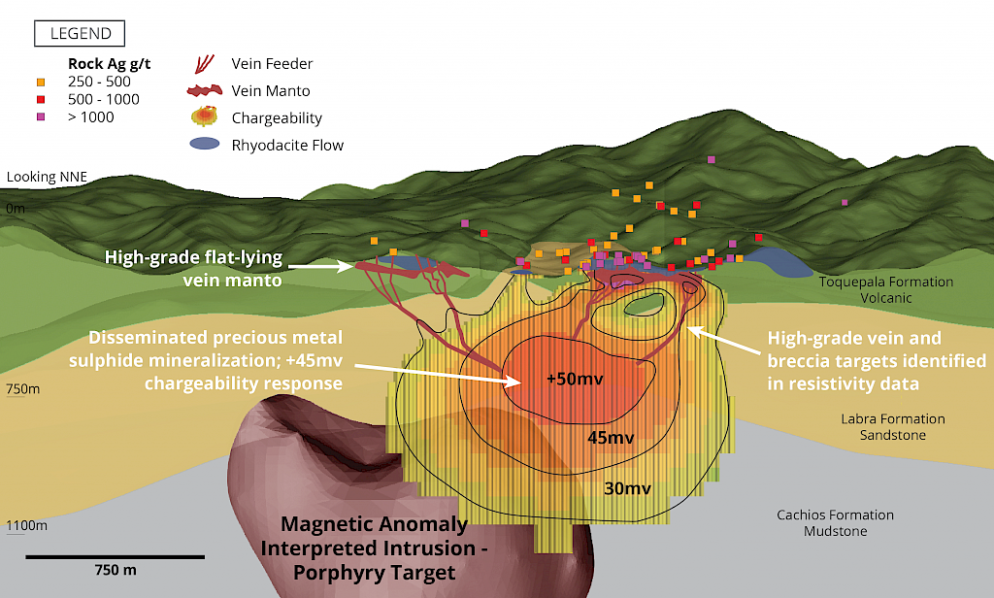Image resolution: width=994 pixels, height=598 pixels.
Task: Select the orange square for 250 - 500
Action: pos(41,82)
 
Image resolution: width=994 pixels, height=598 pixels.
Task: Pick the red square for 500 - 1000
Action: pos(41,99)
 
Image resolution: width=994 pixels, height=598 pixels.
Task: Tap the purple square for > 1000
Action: pos(41,117)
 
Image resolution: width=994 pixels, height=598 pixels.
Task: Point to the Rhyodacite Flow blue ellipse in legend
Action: pos(204,145)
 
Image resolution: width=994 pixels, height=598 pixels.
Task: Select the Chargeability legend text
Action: pos(277,118)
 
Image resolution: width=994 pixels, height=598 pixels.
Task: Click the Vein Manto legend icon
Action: pos(206,91)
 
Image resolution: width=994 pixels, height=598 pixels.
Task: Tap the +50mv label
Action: pos(575,378)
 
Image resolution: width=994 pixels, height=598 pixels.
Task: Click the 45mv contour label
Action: pos(612,438)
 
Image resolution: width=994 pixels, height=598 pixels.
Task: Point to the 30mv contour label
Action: pos(627,488)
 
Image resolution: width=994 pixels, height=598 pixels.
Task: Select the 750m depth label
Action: pos(22,389)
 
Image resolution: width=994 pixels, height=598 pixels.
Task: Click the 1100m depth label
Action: pos(25,525)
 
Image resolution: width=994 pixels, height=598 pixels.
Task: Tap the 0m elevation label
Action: pos(16,208)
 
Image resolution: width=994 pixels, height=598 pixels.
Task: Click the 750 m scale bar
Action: pos(115,557)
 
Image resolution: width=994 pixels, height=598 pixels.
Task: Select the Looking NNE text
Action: pos(47,177)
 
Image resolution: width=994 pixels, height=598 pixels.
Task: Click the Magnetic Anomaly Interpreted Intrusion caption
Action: pos(374,549)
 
